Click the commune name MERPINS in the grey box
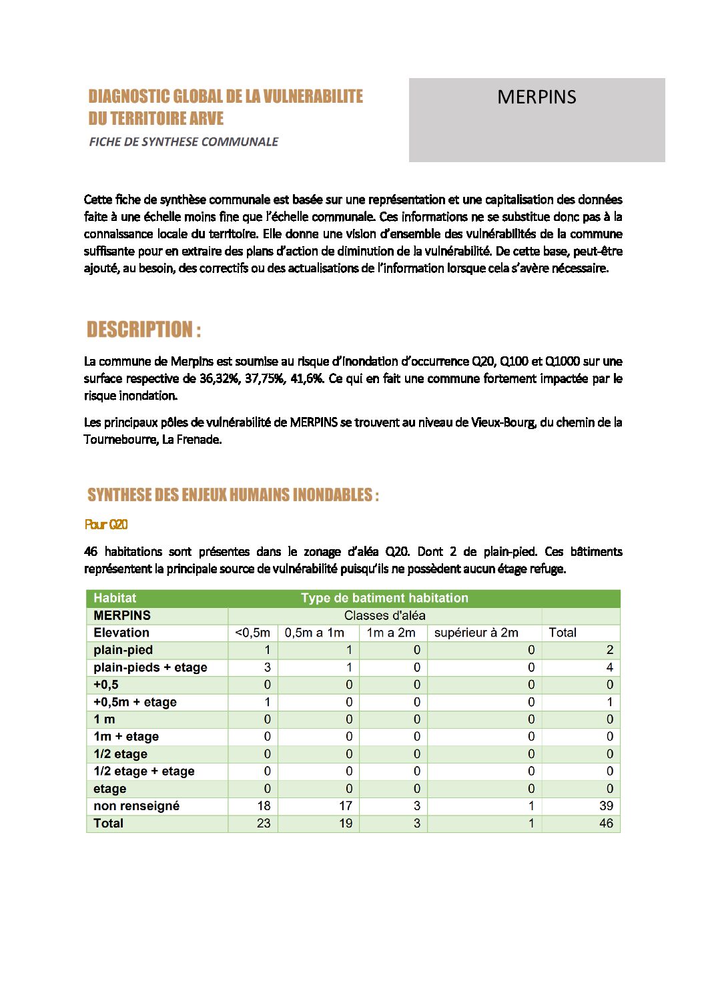point(537,97)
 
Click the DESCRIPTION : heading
point(143,330)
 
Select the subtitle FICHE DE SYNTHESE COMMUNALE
point(184,141)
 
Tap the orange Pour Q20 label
point(106,525)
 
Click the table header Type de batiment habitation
point(384,598)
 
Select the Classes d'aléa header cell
point(384,615)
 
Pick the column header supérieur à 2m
point(476,633)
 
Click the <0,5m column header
point(252,633)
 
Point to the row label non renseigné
point(136,805)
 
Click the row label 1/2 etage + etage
point(144,771)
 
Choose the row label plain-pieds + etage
point(150,667)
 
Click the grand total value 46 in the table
point(605,823)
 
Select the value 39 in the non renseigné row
point(606,805)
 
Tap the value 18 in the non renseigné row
point(264,805)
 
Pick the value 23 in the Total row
point(264,823)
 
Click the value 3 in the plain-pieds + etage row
point(267,667)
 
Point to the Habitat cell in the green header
point(115,598)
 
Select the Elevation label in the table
point(121,633)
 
